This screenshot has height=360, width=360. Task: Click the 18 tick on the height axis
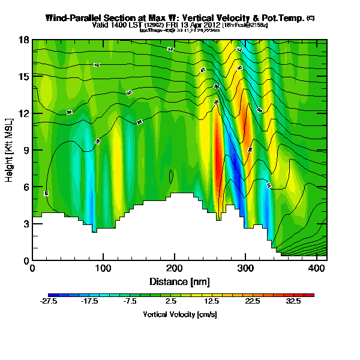coord(24,40)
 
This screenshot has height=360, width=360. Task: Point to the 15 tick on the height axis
coord(24,77)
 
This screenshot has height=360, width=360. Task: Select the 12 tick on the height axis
coord(24,113)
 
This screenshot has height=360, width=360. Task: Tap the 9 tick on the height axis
coord(25,151)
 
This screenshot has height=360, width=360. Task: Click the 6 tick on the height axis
coord(25,187)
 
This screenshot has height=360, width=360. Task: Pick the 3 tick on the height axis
coord(25,224)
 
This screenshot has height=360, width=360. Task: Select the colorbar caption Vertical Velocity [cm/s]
coord(179,314)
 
